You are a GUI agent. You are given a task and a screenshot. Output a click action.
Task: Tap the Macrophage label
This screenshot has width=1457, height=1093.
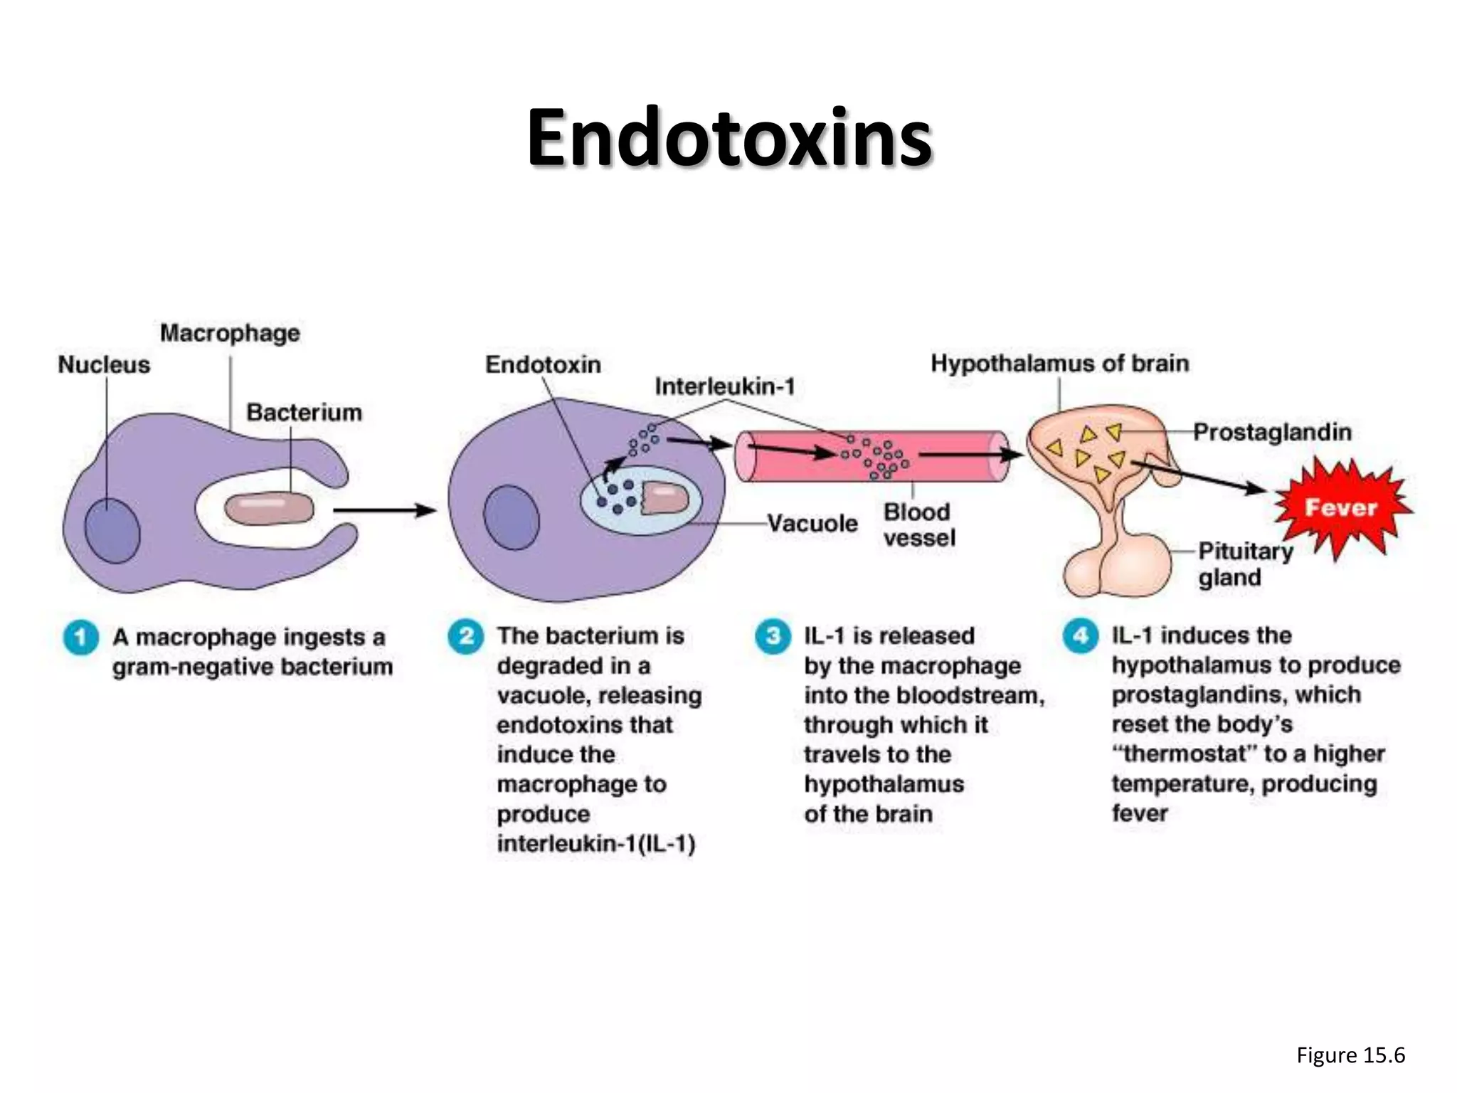pos(230,333)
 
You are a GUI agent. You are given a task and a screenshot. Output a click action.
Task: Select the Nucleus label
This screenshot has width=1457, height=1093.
pos(104,364)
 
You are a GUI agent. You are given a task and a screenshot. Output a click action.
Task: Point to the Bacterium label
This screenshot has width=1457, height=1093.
pos(304,412)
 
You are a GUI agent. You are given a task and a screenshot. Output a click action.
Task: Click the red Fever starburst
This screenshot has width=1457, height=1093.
pos(1340,507)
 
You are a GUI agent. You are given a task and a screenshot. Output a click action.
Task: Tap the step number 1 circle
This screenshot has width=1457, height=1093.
pos(80,637)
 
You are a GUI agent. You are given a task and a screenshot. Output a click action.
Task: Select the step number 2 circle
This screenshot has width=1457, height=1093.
pos(465,635)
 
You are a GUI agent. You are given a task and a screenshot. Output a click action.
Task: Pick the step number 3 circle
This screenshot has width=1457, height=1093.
pos(773,635)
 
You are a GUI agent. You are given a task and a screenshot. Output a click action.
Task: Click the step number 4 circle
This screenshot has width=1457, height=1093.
pos(1081,635)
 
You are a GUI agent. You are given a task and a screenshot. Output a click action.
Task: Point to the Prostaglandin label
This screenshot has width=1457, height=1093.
pos(1272,432)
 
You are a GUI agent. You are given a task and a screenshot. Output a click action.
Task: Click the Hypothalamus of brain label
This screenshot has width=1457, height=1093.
pos(1060,364)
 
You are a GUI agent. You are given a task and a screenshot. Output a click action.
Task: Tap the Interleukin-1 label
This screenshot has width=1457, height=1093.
pos(725,386)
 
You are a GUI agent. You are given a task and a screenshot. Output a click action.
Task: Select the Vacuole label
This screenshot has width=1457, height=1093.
pos(812,524)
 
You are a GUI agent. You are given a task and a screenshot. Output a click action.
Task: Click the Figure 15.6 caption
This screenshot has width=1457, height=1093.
pos(1350,1055)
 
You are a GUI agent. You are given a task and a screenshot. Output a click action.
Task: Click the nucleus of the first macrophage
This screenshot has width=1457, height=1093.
pos(112,530)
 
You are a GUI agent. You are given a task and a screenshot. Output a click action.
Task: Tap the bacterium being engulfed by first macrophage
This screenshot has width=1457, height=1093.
pos(269,509)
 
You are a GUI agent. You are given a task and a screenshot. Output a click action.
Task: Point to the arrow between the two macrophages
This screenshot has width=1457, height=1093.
pos(384,510)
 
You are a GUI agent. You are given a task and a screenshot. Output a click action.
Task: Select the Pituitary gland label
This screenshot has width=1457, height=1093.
pos(1245,564)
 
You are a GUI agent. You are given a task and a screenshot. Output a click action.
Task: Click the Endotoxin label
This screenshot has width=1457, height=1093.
pos(543,364)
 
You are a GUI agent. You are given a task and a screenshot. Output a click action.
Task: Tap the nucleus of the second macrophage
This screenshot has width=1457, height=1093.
pos(511,517)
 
